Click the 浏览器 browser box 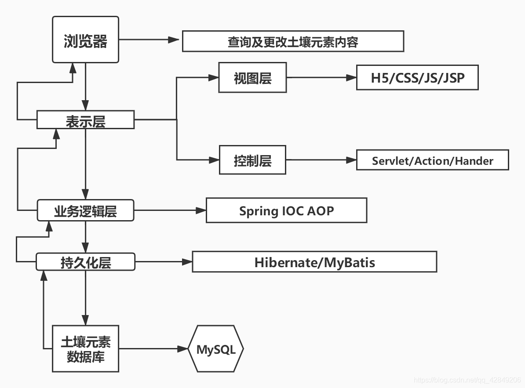tap(85, 40)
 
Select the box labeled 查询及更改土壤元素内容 tap(293, 41)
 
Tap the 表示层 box tap(85, 120)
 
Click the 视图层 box tap(252, 78)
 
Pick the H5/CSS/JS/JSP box tap(417, 78)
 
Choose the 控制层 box tap(252, 160)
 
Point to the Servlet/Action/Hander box tap(432, 160)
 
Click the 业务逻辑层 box tap(85, 211)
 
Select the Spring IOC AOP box tap(286, 210)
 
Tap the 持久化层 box tap(85, 262)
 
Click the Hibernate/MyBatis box tap(314, 262)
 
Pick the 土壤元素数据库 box tap(85, 349)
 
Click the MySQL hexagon tap(215, 349)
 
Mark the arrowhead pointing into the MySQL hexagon tap(183, 349)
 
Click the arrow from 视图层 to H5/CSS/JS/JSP tap(321, 78)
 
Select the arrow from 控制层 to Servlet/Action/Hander tap(321, 160)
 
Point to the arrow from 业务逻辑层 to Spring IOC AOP tap(170, 210)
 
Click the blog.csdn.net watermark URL tap(467, 380)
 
